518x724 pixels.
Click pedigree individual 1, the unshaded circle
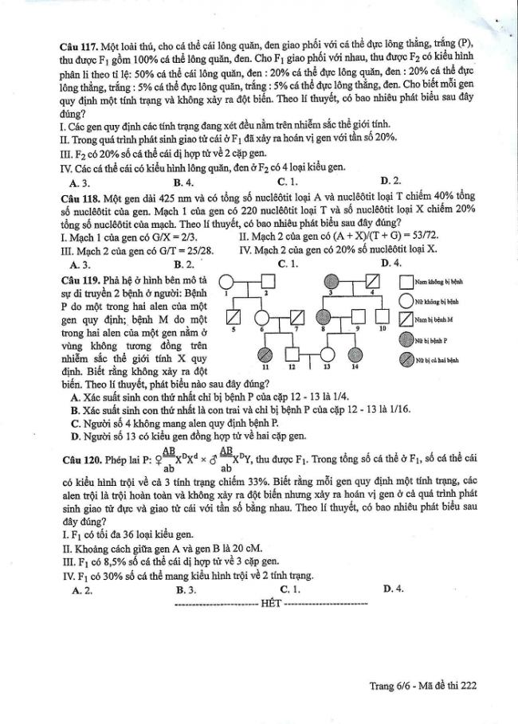click(226, 282)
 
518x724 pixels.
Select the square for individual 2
click(267, 282)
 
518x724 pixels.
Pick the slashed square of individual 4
click(372, 282)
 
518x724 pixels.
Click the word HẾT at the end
click(271, 604)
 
